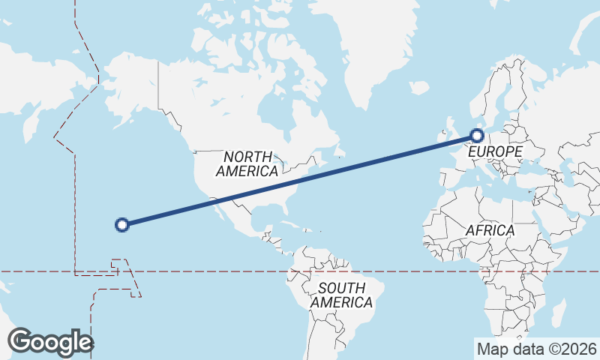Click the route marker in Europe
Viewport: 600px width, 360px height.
[477, 136]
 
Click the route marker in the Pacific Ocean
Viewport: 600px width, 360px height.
[121, 223]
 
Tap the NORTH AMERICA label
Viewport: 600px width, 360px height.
[247, 163]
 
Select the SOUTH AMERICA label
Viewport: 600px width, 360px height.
[341, 295]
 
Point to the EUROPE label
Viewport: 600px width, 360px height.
[494, 152]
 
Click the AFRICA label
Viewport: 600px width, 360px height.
[490, 230]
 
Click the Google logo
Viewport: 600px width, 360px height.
[50, 342]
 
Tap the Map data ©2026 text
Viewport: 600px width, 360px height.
[537, 349]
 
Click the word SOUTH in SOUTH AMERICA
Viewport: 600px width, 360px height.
[341, 288]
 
